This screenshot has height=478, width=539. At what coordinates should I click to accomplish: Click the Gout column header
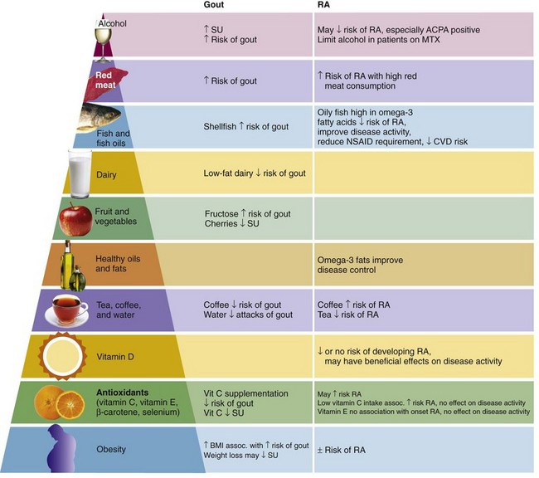[x=216, y=6]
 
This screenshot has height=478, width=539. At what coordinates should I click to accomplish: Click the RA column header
[x=325, y=6]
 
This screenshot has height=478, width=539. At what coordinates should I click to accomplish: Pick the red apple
[x=74, y=220]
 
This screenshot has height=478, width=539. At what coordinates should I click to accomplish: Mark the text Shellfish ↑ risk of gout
[x=245, y=126]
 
